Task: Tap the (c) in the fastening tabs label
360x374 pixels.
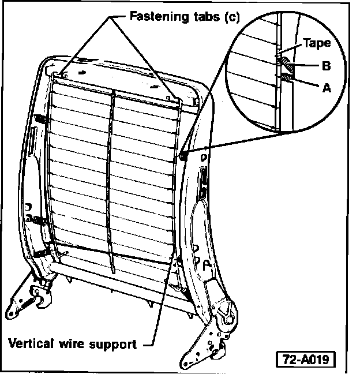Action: tap(229, 17)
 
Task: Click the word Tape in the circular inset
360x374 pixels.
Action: tap(317, 43)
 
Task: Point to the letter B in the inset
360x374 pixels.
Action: tap(326, 66)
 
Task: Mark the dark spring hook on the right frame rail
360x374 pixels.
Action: tap(183, 155)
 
